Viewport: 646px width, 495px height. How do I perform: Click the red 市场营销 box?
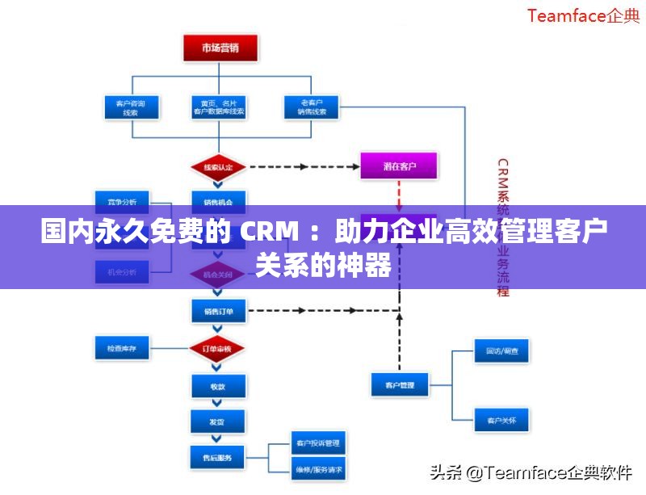tap(220, 48)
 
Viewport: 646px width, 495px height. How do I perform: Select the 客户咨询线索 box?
tap(131, 108)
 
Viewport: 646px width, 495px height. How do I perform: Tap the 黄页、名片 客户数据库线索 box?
tap(219, 108)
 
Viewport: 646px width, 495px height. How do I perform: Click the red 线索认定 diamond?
tap(218, 167)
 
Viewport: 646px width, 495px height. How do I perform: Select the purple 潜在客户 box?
tap(399, 166)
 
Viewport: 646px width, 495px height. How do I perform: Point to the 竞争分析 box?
tap(122, 200)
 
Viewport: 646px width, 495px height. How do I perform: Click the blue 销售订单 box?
tap(218, 309)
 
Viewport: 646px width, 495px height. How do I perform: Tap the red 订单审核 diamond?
tap(217, 349)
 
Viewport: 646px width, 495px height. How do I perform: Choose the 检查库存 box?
tap(122, 349)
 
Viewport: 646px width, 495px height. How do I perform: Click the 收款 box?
tap(217, 386)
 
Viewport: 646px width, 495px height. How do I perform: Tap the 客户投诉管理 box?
tap(318, 443)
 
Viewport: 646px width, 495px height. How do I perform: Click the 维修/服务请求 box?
tap(318, 468)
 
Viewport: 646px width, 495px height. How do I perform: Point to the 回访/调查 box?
tap(501, 351)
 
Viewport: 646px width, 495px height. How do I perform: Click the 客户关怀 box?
tap(501, 421)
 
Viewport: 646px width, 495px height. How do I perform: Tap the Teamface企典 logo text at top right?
tap(583, 16)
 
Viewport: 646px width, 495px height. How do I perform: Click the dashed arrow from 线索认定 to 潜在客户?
tap(303, 167)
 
